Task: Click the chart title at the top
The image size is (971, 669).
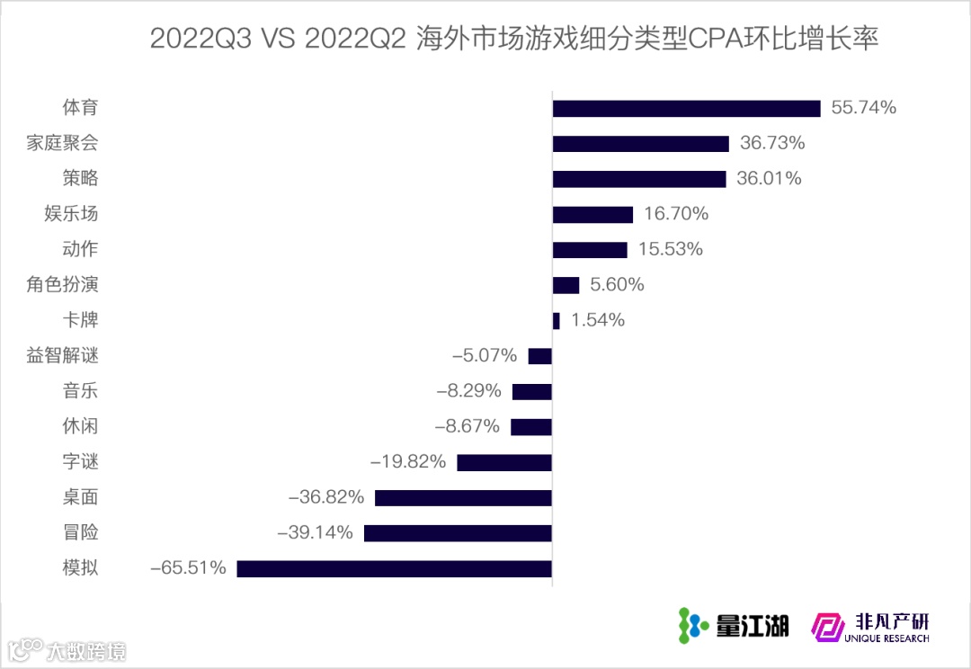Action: point(512,39)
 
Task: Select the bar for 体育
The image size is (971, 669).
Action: point(686,108)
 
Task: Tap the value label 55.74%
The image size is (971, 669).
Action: point(863,108)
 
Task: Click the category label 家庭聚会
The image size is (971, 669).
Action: point(62,143)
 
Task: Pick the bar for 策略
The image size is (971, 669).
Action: point(638,179)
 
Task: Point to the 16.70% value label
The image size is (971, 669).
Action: point(676,214)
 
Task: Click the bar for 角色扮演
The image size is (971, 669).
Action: point(566,285)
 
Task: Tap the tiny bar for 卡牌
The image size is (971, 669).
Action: point(556,320)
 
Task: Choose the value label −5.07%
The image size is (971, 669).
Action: point(485,356)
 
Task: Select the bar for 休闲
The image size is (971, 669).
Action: point(531,426)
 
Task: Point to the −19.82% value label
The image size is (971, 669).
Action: point(408,462)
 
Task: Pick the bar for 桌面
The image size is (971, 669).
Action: point(463,497)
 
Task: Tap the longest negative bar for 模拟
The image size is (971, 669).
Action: point(394,568)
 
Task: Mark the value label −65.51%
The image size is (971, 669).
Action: point(188,568)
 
